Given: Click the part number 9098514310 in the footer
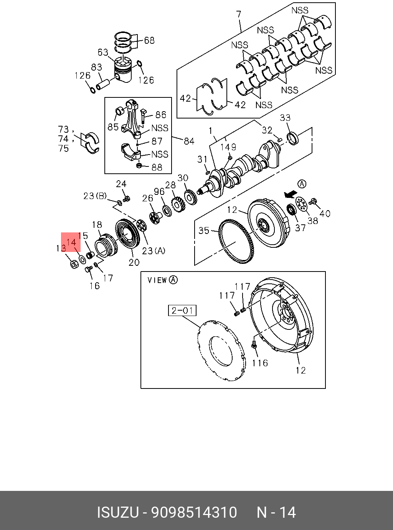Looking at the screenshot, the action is (x=194, y=512).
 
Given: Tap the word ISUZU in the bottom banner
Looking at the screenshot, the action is (x=117, y=512).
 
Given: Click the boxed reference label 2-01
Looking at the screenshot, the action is (x=182, y=310).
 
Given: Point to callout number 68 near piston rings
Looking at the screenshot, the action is (x=149, y=40).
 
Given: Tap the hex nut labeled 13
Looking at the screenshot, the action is (x=74, y=264).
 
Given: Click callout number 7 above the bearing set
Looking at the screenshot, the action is (x=239, y=15).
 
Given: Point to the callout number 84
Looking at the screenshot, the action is (x=189, y=141).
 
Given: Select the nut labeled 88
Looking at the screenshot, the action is (x=140, y=166).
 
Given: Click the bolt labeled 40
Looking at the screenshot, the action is (x=313, y=201).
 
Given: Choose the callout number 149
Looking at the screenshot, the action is (x=228, y=147).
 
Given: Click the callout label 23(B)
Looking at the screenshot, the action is (x=95, y=196).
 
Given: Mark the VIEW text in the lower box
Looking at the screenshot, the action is (x=157, y=280).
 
